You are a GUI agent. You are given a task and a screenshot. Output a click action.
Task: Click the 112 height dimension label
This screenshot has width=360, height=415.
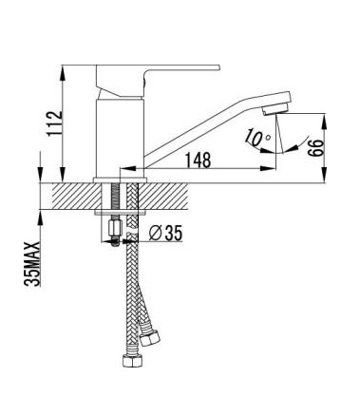click(54, 123)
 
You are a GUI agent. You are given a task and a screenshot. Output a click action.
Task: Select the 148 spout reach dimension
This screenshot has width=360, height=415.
click(198, 160)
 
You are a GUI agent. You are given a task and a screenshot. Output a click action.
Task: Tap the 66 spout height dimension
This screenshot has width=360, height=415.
click(316, 147)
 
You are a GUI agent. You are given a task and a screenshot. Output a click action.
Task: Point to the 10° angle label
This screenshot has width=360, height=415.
click(257, 138)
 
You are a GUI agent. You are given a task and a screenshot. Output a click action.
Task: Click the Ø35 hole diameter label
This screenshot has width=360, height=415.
click(165, 234)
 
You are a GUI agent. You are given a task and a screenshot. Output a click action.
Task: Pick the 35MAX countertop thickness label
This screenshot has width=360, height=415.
click(32, 264)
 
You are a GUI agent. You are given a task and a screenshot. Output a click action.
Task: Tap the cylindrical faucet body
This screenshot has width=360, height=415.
click(120, 138)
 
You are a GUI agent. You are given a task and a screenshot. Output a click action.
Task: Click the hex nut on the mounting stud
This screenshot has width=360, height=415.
click(114, 228)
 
